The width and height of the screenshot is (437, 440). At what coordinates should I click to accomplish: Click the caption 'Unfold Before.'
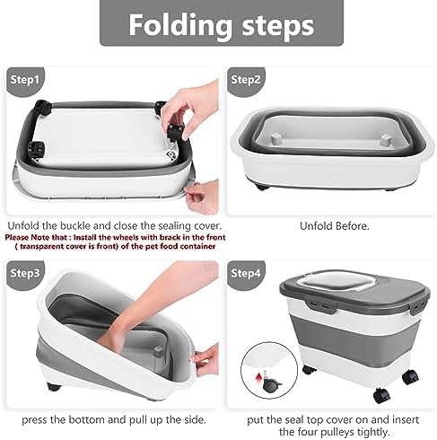tap(328, 225)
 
